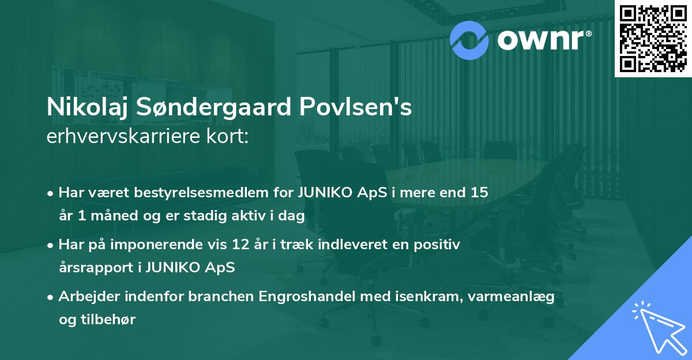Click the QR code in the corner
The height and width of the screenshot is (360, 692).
[x=653, y=39]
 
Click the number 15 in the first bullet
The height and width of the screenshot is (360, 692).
[x=479, y=193]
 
